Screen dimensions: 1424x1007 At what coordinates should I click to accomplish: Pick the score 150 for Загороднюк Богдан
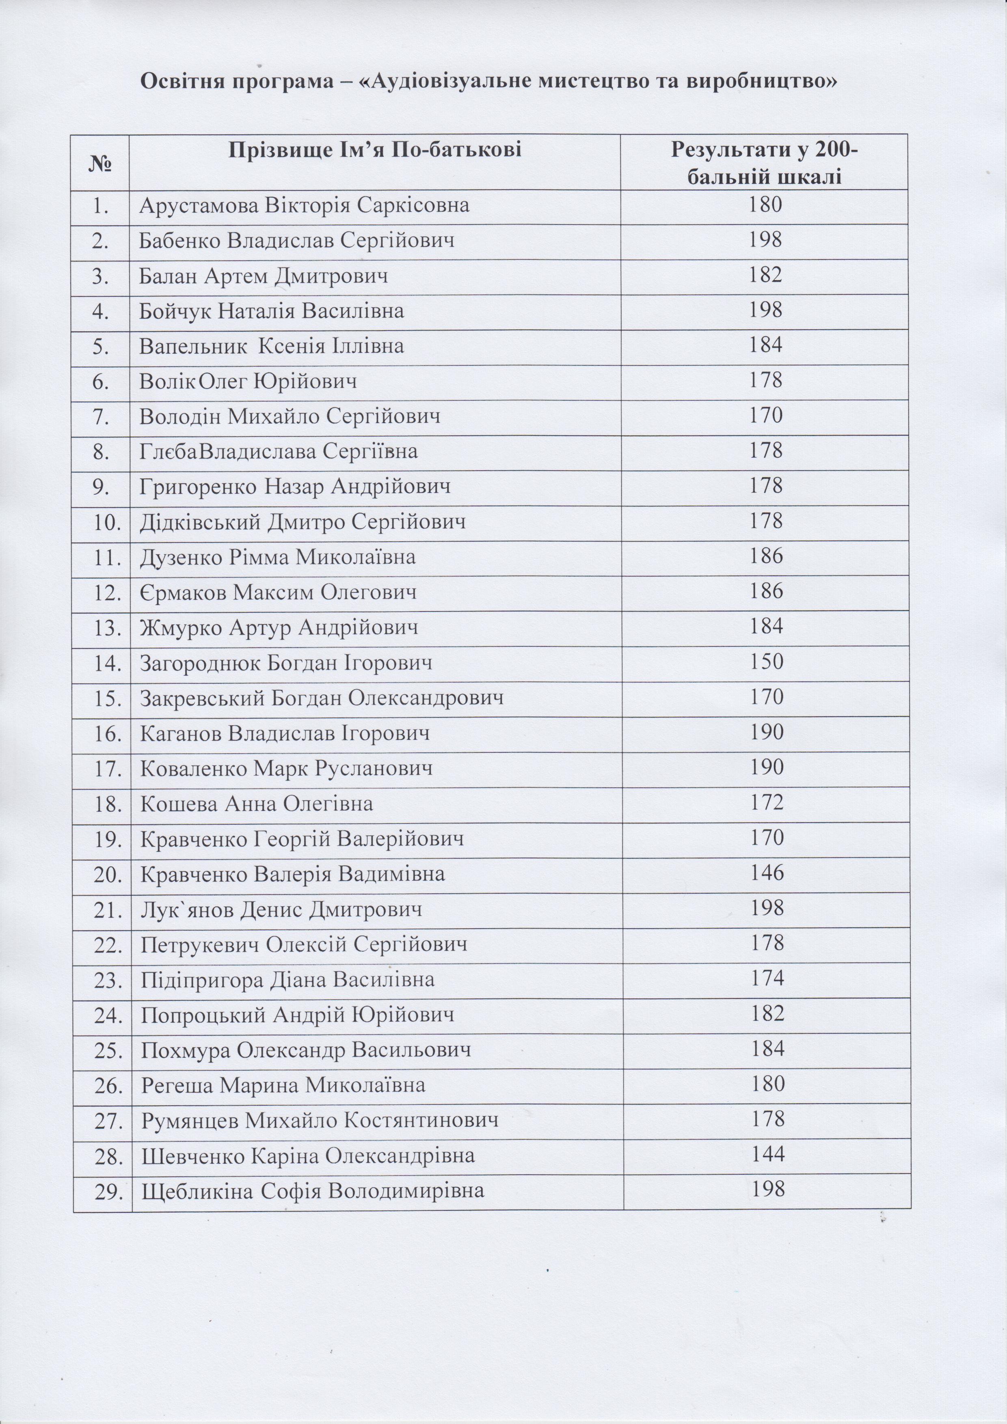pyautogui.click(x=766, y=662)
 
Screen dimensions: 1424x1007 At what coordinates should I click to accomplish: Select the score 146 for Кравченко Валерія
pyautogui.click(x=766, y=873)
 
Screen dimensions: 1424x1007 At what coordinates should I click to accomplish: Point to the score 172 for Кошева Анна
pyautogui.click(x=766, y=803)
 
